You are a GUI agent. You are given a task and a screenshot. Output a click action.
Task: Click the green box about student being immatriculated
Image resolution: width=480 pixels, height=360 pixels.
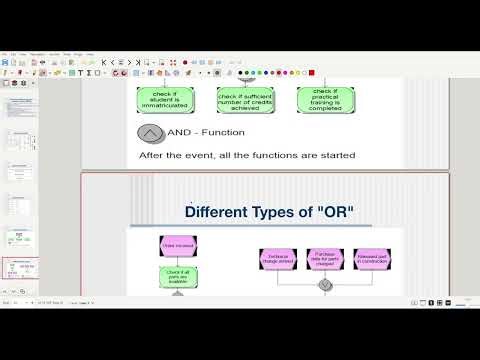164,99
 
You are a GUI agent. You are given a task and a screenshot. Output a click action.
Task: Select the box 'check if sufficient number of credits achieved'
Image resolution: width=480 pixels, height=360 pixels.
246,99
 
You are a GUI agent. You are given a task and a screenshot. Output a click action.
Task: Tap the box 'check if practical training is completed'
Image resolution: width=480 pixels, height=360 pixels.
327,99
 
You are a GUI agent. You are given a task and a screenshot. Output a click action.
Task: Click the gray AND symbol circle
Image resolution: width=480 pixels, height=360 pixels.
152,133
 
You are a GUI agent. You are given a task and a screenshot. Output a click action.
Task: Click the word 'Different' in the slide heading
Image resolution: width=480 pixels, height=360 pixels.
221,211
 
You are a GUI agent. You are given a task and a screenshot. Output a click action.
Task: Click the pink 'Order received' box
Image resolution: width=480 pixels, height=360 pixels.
178,245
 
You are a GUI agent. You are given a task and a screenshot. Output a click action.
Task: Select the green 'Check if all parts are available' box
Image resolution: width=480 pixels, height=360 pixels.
178,276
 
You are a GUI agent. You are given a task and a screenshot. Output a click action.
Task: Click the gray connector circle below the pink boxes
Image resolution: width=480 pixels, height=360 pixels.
325,285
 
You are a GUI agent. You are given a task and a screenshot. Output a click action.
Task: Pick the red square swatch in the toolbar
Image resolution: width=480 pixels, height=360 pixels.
312,72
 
